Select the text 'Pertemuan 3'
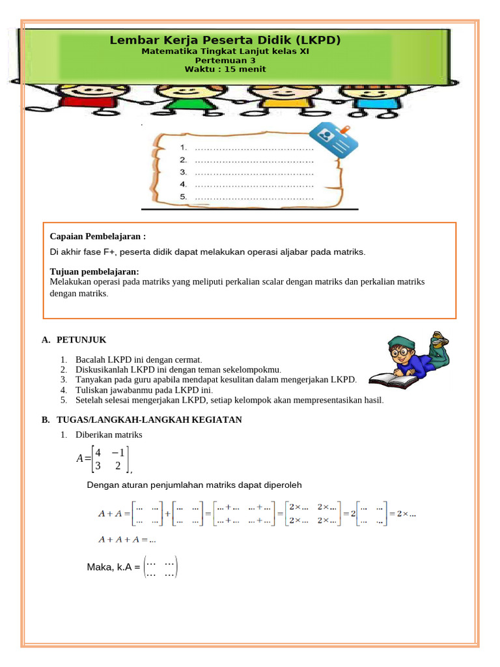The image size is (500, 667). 225,60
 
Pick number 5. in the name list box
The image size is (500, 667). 184,197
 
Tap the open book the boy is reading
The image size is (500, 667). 392,380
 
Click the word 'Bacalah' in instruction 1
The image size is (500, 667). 92,360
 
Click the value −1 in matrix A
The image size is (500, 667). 118,452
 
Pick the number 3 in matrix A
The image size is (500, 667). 98,466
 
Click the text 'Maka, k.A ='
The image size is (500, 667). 113,567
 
